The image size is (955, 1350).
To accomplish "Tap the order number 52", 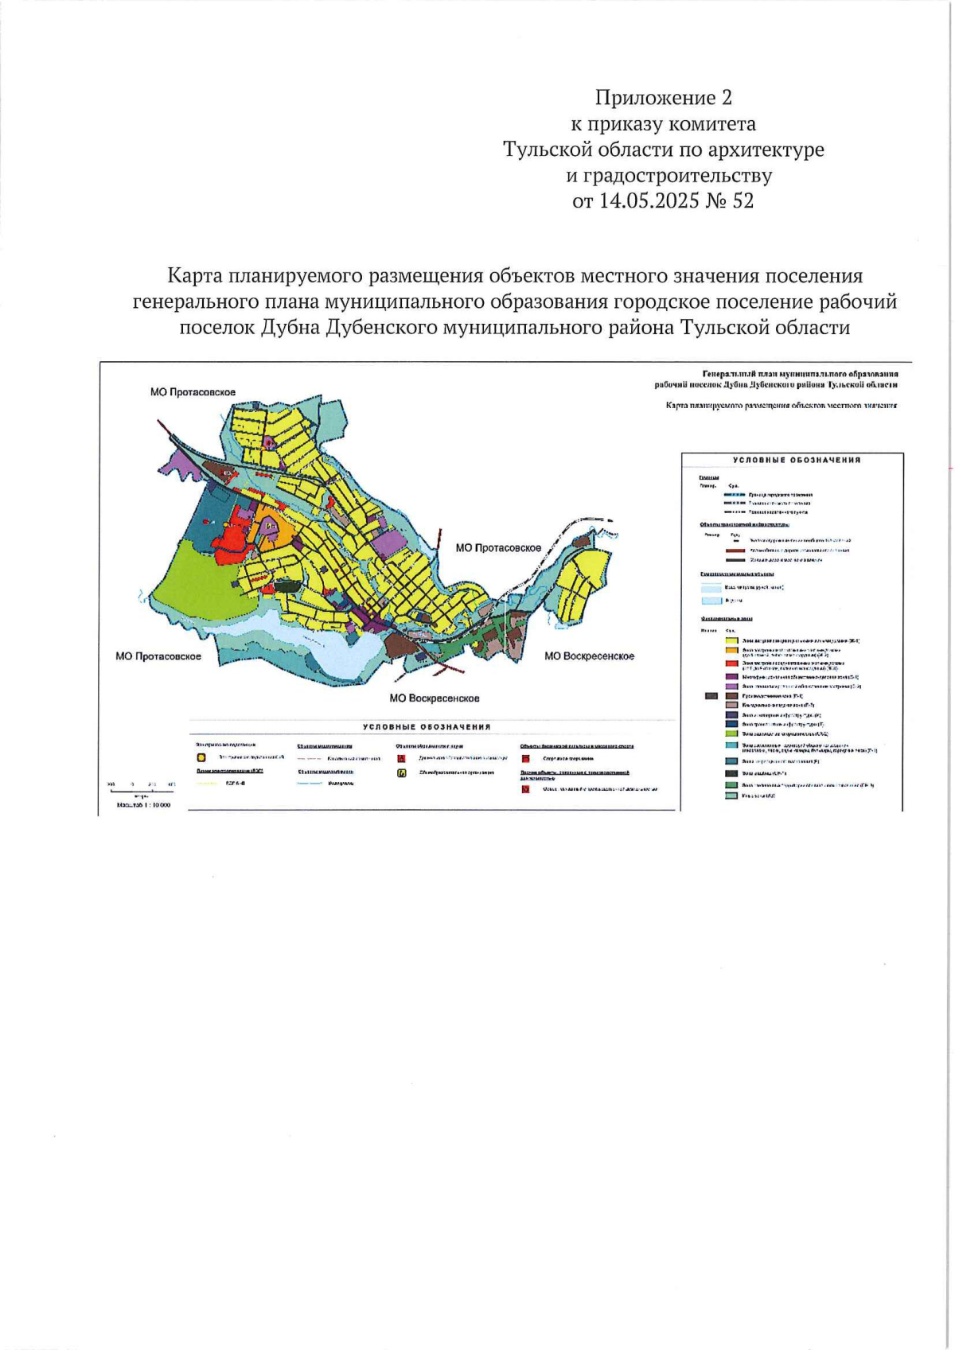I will [x=742, y=200].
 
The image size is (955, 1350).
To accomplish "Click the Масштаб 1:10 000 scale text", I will [x=143, y=805].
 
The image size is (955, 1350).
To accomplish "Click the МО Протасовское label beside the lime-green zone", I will [x=158, y=656].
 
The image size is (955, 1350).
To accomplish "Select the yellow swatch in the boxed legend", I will [x=731, y=640].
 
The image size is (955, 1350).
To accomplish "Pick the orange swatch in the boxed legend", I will [x=731, y=652].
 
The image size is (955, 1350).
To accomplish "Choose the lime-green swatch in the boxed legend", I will [x=731, y=733].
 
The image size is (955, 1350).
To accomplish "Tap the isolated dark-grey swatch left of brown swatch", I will [x=711, y=695].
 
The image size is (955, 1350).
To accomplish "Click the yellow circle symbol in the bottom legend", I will [x=201, y=757].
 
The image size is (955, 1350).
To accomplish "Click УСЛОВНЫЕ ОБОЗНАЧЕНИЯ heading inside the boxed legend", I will [x=796, y=460].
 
